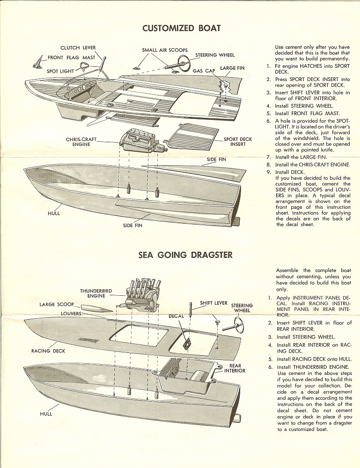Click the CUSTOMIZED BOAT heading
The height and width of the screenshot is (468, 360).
pyautogui.click(x=181, y=28)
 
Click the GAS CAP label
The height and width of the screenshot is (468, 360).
pyautogui.click(x=204, y=72)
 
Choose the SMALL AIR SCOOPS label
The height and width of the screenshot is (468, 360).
pyautogui.click(x=165, y=50)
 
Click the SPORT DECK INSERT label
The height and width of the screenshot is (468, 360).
pyautogui.click(x=237, y=142)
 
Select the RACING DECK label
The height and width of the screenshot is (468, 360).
pyautogui.click(x=48, y=351)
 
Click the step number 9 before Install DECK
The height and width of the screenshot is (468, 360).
pyautogui.click(x=269, y=172)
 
